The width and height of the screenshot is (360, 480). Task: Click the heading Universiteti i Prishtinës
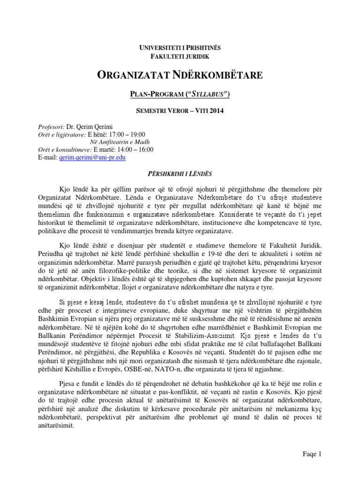[x=180, y=47]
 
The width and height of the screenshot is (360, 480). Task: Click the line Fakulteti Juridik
[x=180, y=56]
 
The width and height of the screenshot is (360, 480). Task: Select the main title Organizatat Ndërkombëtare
[x=180, y=75]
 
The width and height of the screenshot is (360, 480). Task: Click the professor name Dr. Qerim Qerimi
[x=87, y=127]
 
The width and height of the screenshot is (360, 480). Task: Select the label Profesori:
[x=51, y=127]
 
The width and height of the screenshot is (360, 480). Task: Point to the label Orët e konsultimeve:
[x=65, y=150]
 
